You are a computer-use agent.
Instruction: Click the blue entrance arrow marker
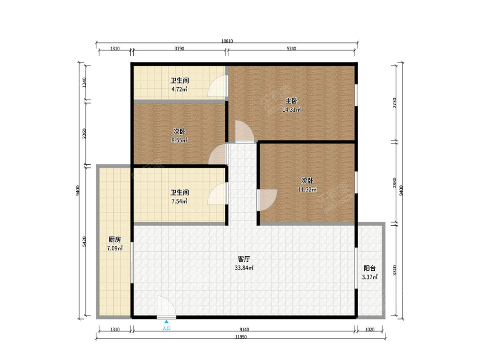point(166,322)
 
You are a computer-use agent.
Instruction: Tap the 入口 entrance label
point(166,328)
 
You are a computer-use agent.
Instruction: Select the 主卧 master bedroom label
point(291,101)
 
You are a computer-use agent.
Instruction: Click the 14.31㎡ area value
point(292,110)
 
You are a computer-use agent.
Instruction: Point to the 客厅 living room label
point(244,259)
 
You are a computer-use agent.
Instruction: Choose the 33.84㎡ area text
point(244,268)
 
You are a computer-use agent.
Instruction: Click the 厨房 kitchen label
point(115,240)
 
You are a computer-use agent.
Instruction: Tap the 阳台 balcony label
point(370,268)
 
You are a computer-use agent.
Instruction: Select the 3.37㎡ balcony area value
point(370,277)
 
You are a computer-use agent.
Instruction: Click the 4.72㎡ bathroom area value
point(179,89)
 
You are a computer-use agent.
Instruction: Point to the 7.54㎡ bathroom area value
point(179,201)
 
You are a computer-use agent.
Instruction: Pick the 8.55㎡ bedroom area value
point(179,140)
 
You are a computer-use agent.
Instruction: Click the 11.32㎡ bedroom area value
point(308,190)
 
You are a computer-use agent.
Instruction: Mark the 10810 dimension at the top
point(227,41)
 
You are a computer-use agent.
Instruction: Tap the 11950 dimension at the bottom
point(241,337)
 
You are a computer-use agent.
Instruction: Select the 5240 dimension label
point(292,48)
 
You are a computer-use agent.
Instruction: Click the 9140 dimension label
point(244,329)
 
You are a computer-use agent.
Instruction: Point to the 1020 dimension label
point(370,329)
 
